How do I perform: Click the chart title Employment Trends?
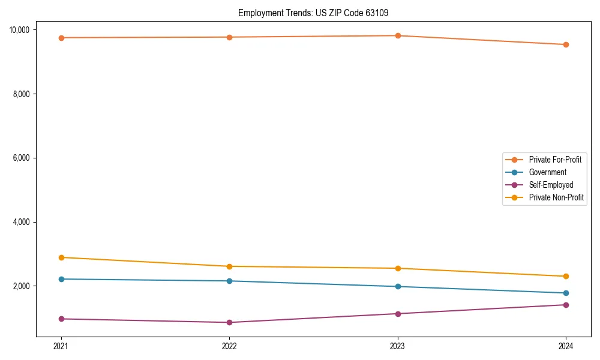click(317, 13)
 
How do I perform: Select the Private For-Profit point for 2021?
click(61, 38)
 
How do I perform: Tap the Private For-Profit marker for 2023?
click(397, 36)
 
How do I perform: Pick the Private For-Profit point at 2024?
click(566, 44)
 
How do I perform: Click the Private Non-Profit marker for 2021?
click(61, 257)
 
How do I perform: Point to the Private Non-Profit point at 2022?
click(229, 266)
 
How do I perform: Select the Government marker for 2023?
click(397, 287)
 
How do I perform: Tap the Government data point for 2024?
click(566, 293)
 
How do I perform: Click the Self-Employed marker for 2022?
click(229, 323)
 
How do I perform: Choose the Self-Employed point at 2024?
click(566, 305)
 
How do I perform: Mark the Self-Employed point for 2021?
click(61, 319)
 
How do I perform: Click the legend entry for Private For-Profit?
click(554, 160)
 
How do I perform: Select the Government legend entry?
click(547, 172)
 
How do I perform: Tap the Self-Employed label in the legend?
click(551, 185)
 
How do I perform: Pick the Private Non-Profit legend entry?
click(556, 197)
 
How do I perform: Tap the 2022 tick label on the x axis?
click(229, 346)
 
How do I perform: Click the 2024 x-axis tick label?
click(566, 346)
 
